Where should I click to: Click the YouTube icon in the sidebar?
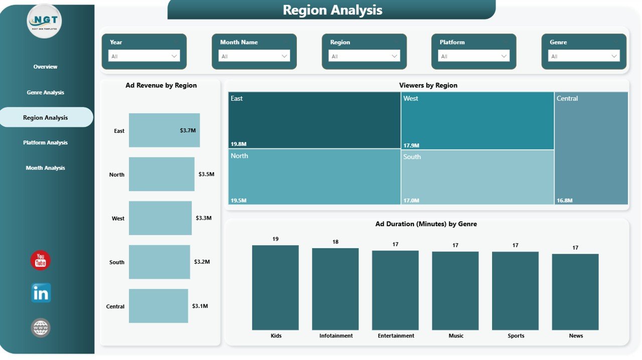41,260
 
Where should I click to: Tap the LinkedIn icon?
41,293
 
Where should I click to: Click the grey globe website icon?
41,328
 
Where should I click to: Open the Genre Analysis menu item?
45,92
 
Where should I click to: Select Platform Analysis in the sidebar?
45,142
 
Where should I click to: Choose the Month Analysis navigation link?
45,168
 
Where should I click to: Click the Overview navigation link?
45,67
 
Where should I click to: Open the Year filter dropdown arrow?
175,56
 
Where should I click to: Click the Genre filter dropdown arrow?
614,56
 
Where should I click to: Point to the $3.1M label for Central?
200,306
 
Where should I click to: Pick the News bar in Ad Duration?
575,292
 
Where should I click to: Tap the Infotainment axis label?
336,336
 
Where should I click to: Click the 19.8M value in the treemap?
238,144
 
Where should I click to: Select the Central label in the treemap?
567,99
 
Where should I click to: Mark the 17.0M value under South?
411,201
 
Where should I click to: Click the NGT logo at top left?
44,21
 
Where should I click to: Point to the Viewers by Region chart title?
428,85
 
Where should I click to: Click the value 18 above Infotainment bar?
336,242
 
